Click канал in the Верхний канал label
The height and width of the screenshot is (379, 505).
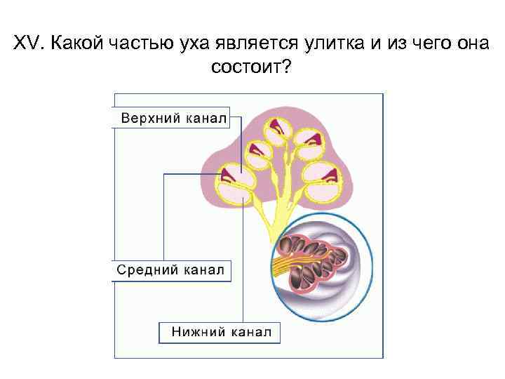click(206, 118)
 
